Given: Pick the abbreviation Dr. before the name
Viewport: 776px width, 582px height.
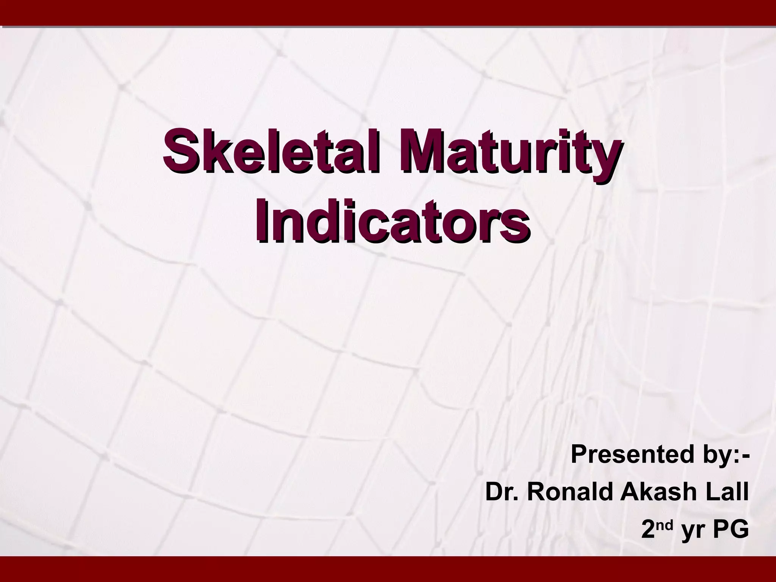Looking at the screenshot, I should [499, 492].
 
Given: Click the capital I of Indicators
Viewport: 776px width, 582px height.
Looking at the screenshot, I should [262, 221].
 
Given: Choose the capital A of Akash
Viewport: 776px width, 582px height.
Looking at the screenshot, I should [628, 492].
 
